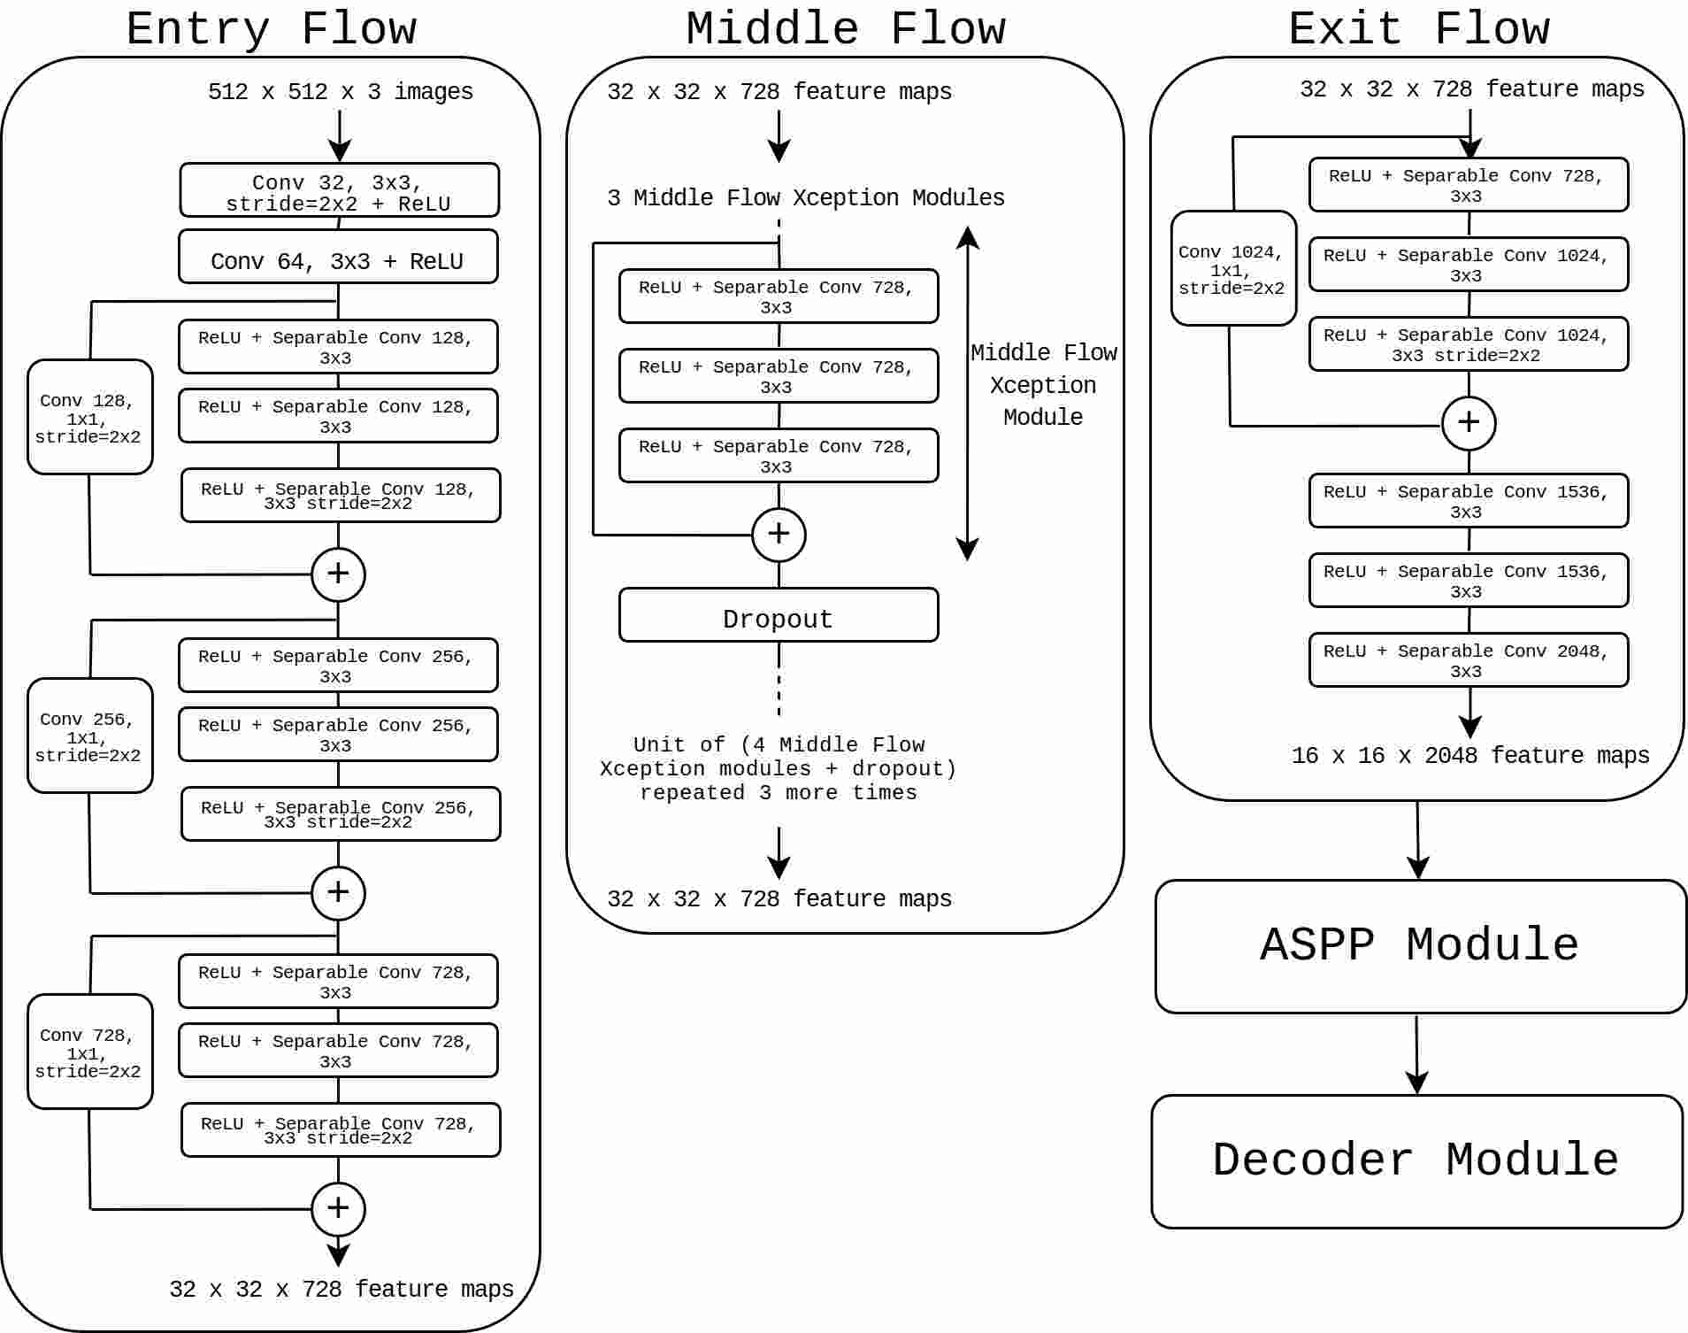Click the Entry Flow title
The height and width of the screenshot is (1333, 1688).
tap(271, 29)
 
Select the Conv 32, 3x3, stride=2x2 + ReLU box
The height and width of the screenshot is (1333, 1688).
tap(339, 190)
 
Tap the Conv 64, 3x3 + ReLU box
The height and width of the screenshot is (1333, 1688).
tap(338, 258)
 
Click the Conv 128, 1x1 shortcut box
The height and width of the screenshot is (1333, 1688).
tap(89, 417)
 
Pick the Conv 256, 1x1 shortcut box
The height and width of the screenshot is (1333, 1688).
tap(89, 736)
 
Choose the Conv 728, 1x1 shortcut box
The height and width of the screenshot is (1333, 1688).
tap(89, 1052)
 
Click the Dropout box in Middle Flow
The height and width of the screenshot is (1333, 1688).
tap(779, 616)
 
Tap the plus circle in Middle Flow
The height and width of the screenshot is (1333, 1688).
tap(779, 535)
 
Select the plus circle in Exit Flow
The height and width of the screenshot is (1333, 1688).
tap(1469, 423)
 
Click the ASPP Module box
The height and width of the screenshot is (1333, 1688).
tap(1420, 946)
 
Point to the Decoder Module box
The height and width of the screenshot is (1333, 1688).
tap(1416, 1161)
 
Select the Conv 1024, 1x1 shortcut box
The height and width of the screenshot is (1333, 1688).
tap(1232, 268)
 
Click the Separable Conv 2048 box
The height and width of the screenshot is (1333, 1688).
tap(1468, 660)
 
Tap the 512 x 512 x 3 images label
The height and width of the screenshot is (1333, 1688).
tap(341, 92)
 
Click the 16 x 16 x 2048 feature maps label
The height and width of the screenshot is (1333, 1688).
tap(1469, 756)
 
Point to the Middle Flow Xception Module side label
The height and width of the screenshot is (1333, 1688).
tap(1043, 385)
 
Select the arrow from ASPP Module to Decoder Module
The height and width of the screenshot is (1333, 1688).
tap(1416, 1053)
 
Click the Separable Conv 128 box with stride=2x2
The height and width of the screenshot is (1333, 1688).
tap(341, 496)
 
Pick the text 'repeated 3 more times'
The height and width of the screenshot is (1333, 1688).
tap(779, 793)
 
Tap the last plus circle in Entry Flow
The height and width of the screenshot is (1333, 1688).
tap(338, 1209)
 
